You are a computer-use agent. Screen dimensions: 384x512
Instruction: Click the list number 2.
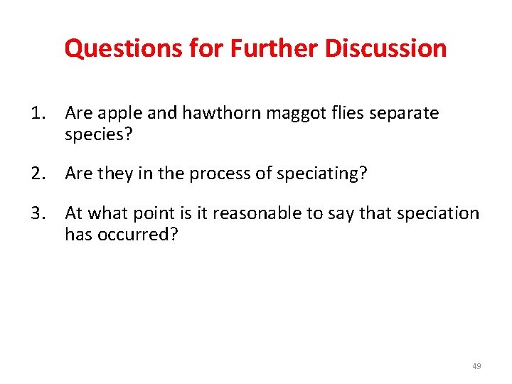click(x=36, y=173)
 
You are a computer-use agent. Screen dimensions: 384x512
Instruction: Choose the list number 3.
click(x=36, y=213)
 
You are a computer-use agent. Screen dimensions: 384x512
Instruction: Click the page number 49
click(x=476, y=366)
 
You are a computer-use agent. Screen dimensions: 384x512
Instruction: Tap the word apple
click(x=118, y=113)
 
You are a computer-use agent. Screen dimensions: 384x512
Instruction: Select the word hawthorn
click(x=210, y=113)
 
